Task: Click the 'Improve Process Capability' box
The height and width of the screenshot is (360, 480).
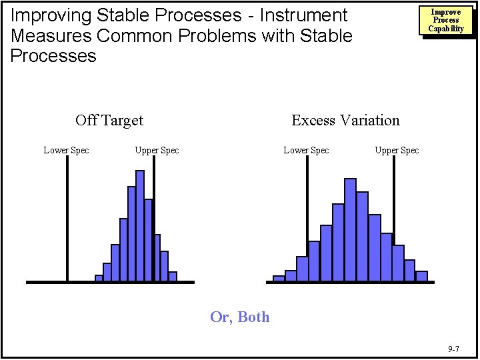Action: click(x=446, y=21)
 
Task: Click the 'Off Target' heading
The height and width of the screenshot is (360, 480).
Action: click(x=109, y=121)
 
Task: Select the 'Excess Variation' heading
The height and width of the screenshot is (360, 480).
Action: click(x=345, y=121)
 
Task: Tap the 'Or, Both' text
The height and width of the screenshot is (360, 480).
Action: click(x=240, y=317)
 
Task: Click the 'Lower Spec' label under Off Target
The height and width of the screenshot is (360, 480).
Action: click(x=66, y=150)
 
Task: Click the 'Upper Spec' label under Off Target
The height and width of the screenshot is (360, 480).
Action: click(x=157, y=150)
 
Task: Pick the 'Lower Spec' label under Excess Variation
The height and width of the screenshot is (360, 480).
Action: click(x=306, y=150)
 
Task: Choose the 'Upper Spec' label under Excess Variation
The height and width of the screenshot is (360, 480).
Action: click(x=397, y=150)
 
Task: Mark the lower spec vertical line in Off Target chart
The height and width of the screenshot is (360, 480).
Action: click(x=67, y=220)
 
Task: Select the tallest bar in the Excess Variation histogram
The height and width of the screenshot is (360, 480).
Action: click(x=350, y=229)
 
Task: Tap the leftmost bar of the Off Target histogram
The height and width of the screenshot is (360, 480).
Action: click(x=99, y=278)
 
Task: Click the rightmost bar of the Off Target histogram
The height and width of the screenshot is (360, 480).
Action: click(x=173, y=277)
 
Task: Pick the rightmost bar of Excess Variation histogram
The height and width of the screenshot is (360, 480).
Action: click(x=421, y=276)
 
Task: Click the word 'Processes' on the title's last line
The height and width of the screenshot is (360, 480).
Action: click(x=53, y=56)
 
